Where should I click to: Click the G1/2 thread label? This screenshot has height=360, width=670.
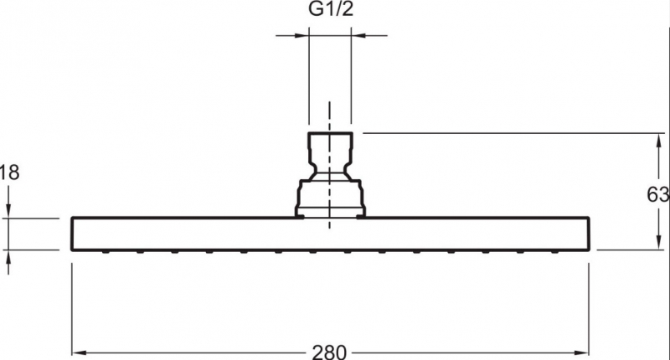click(331, 9)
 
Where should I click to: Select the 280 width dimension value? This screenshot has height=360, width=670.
click(329, 352)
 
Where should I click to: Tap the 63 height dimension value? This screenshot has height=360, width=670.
click(658, 195)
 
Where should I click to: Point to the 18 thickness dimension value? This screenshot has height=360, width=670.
click(10, 172)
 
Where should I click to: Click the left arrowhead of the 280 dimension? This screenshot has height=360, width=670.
click(80, 353)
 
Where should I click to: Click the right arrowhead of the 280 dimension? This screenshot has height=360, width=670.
click(581, 353)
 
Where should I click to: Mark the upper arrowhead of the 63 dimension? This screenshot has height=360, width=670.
click(658, 141)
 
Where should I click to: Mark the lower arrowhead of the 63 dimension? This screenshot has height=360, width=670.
click(658, 242)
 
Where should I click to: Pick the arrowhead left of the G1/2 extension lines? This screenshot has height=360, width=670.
click(301, 35)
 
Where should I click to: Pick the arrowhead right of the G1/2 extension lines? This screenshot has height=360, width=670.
click(359, 35)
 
